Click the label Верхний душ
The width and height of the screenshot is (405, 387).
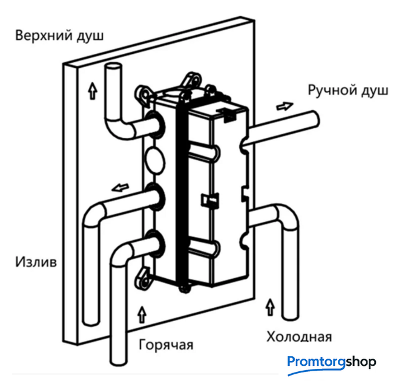tap(59, 35)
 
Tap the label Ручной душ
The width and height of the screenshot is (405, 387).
tap(347, 91)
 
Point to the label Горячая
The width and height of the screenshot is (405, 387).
tap(166, 345)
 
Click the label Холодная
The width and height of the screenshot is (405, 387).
tap(299, 336)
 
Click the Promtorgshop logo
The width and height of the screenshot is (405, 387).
tap(331, 363)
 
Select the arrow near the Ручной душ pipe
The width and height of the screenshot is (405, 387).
tap(283, 106)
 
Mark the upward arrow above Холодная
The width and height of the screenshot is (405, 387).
tap(269, 307)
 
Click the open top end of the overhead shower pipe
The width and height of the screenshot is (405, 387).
tap(113, 67)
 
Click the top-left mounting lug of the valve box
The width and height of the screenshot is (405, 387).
tap(144, 94)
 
